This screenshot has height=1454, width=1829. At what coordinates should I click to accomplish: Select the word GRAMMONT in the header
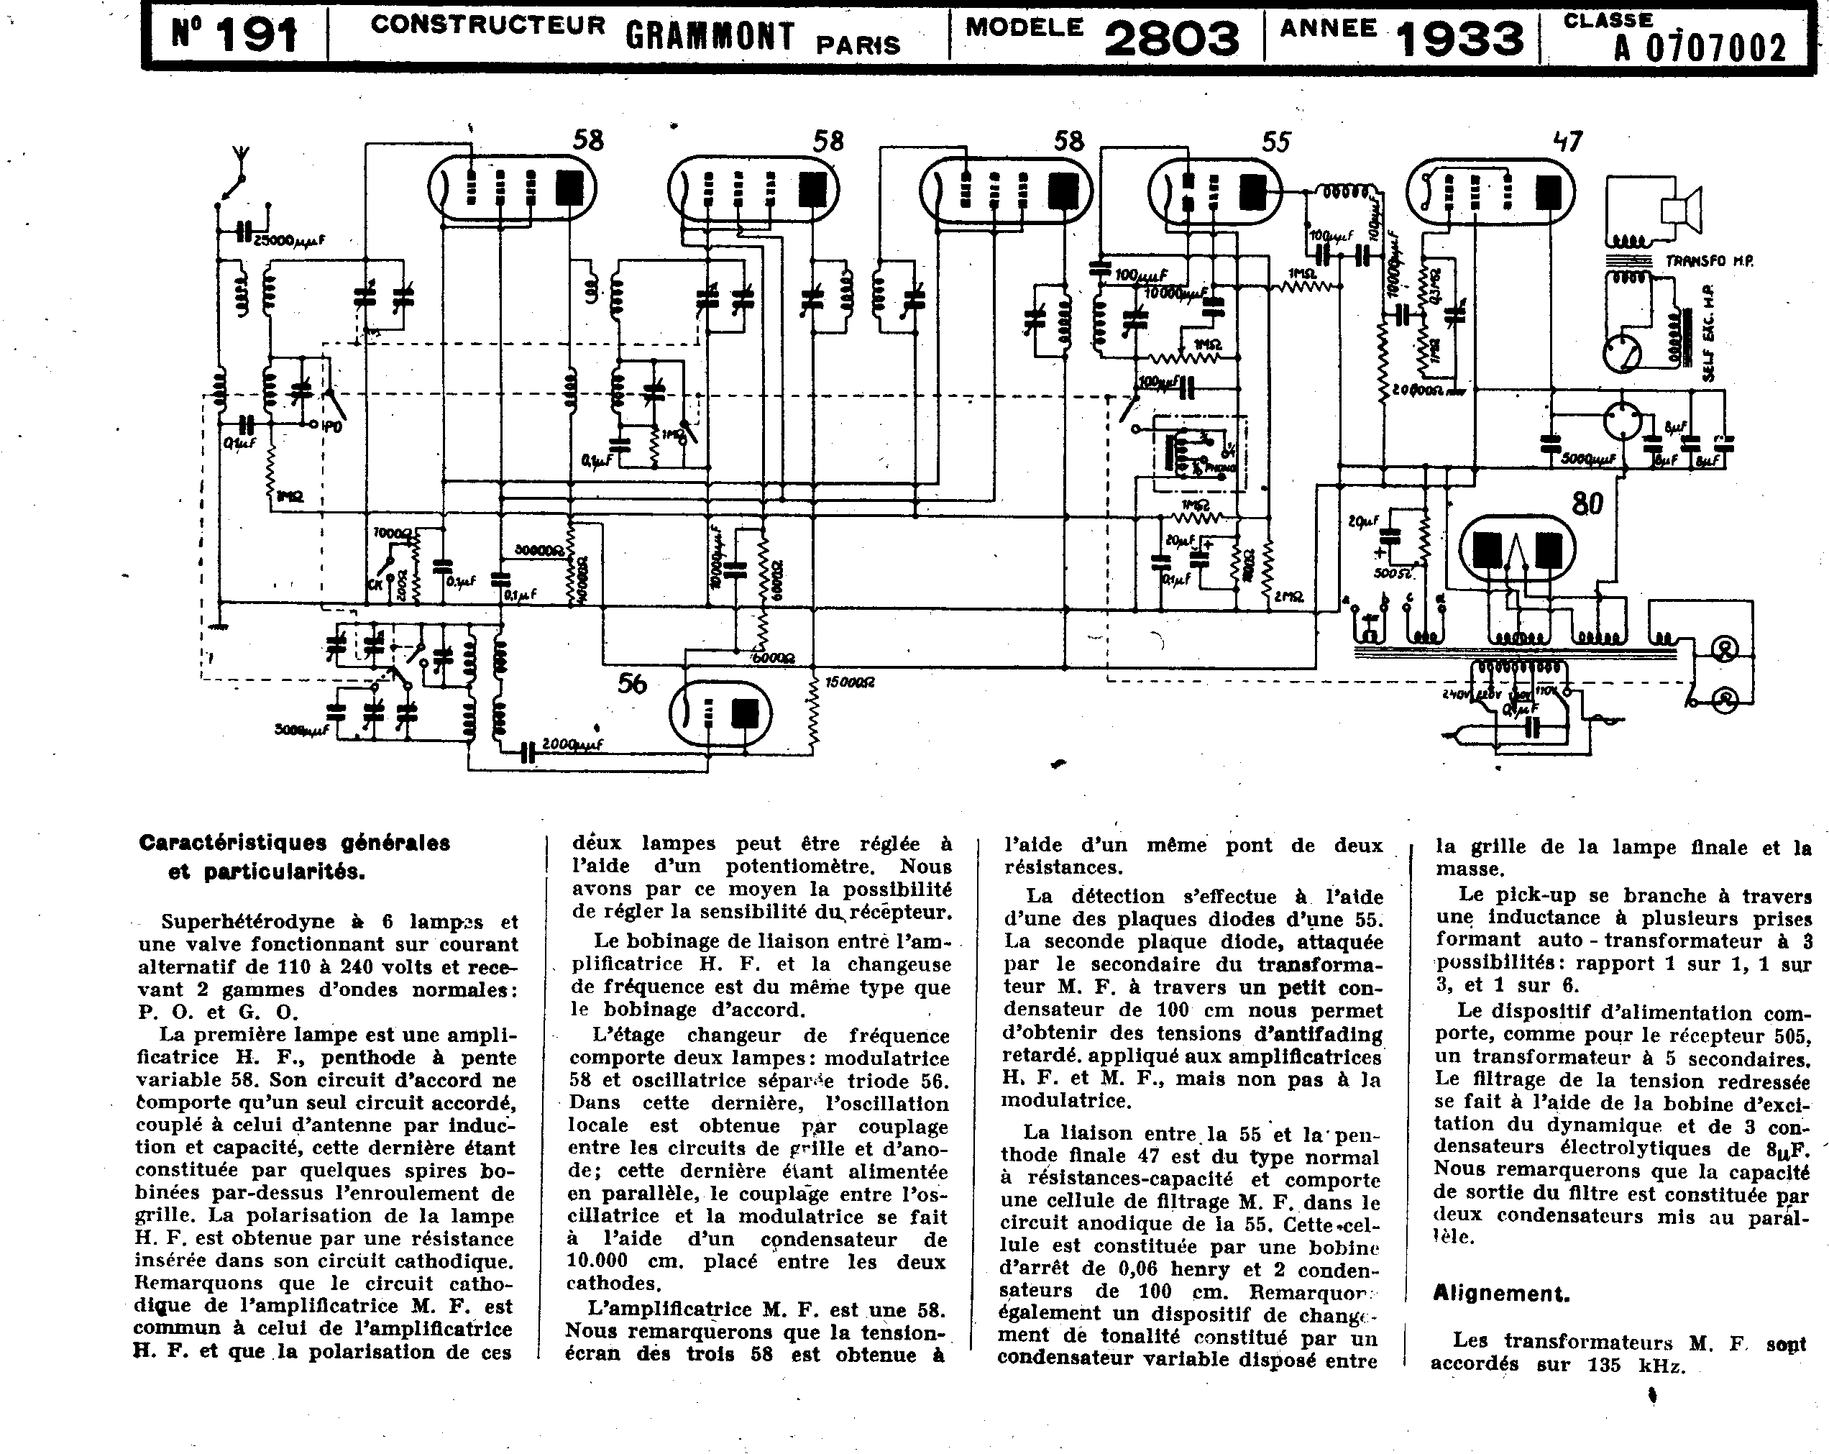(x=711, y=36)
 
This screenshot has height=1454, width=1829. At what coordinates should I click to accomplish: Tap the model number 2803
(x=1172, y=38)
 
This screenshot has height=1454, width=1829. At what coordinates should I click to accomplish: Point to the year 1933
(x=1459, y=38)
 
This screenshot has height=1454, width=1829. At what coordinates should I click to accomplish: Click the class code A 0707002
(x=1700, y=47)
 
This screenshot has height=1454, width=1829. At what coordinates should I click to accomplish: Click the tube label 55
(x=1275, y=142)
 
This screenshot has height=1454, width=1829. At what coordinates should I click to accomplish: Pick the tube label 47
(x=1567, y=141)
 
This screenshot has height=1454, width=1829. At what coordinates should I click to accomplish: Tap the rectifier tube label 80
(x=1587, y=504)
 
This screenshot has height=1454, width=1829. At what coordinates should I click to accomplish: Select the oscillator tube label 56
(x=632, y=684)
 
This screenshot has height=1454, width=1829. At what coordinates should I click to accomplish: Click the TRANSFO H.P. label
(x=1708, y=261)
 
